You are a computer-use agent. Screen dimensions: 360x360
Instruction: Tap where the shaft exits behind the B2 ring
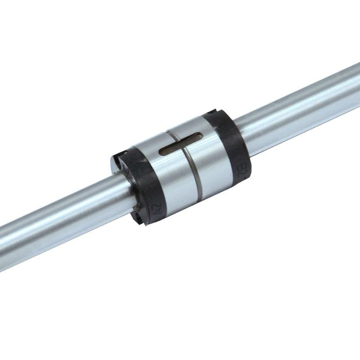pyautogui.click(x=247, y=135)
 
